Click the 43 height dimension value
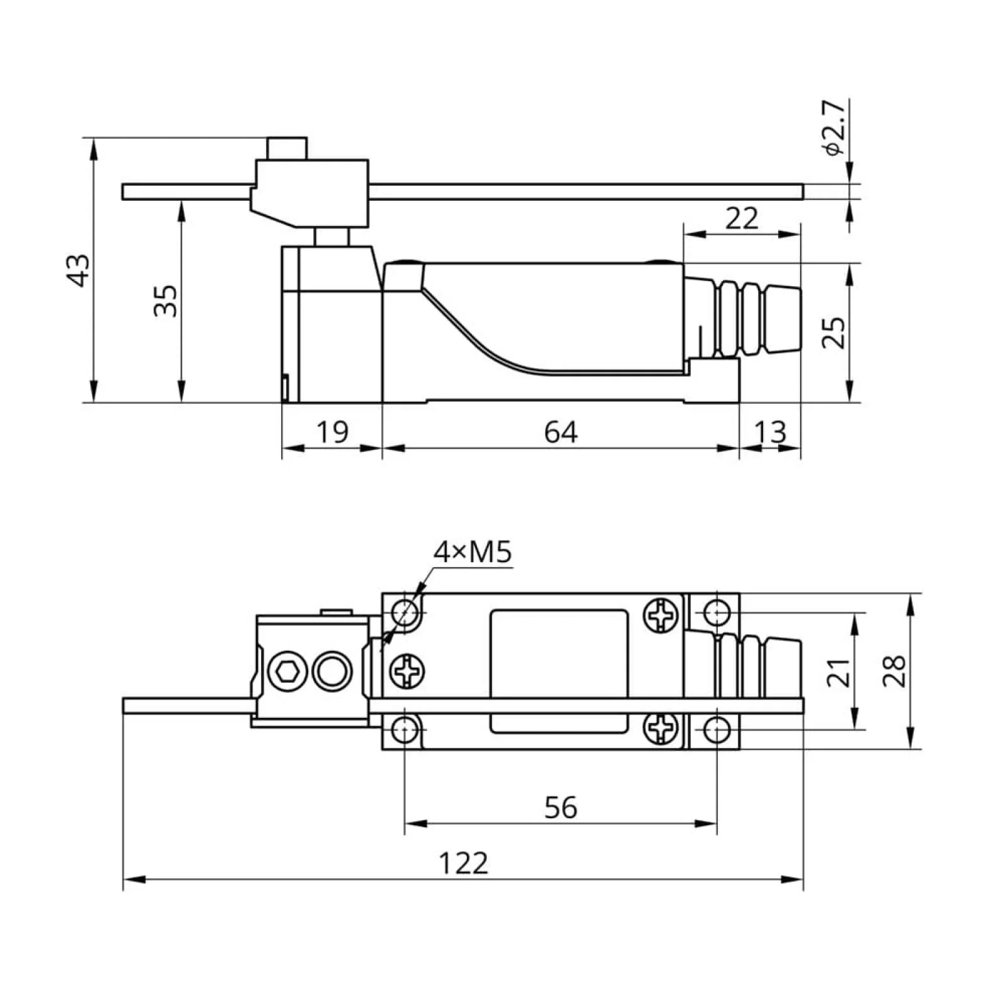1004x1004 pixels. coord(80,270)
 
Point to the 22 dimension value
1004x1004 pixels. coord(742,218)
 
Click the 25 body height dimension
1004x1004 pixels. coord(835,332)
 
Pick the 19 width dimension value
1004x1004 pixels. coord(332,432)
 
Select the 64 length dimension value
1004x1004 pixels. coord(560,432)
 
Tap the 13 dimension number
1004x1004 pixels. coord(770,432)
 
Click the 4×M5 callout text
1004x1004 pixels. coord(473,552)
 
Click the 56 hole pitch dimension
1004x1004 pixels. coord(560,808)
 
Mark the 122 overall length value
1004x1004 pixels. coord(463,863)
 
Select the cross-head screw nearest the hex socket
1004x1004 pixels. coord(407,671)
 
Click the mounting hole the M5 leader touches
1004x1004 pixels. coord(406,611)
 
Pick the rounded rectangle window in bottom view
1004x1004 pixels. coord(559,671)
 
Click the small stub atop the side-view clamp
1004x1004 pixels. coord(287,149)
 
